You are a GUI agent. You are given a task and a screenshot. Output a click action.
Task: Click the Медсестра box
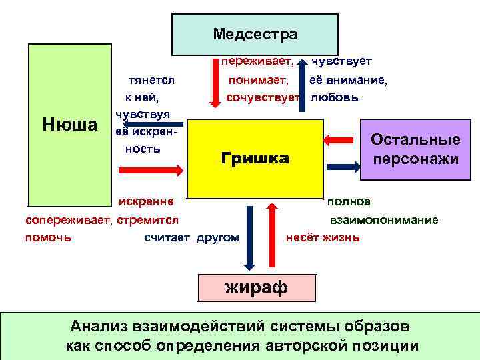coord(255,34)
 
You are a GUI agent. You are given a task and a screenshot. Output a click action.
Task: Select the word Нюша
coord(69,125)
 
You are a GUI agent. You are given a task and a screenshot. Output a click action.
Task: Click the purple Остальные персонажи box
coord(415,149)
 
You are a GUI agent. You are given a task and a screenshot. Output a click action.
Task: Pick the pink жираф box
coord(257,287)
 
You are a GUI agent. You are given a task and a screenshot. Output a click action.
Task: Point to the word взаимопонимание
coord(384,220)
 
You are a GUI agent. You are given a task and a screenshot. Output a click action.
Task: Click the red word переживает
coord(257,61)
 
